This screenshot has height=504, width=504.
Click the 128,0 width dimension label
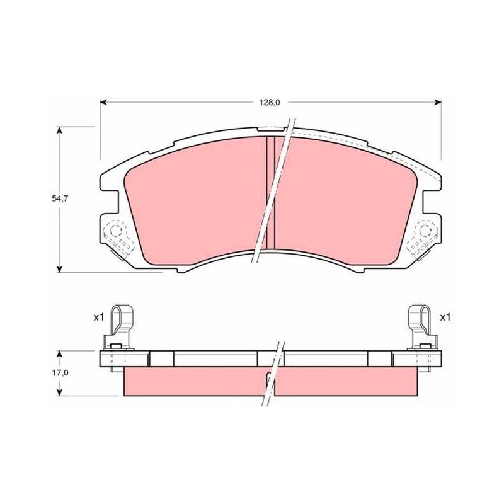point(270,103)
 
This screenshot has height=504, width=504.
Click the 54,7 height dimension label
point(60,198)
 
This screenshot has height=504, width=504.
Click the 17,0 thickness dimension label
point(60,373)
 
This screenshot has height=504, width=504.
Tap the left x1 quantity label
point(99,318)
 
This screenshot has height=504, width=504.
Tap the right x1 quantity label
point(445,318)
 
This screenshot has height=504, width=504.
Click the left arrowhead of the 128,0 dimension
point(103,103)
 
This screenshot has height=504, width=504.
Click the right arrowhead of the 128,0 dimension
point(438,103)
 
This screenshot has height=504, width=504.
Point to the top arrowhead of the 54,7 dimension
point(59,130)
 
